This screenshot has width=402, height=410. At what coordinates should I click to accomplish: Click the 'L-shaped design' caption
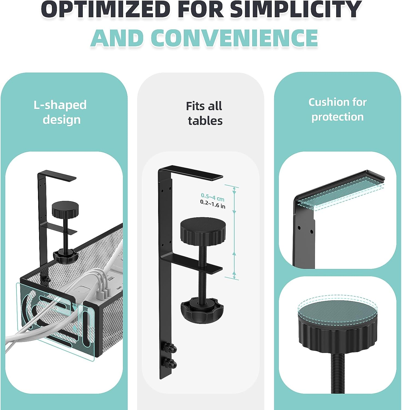tap(60, 112)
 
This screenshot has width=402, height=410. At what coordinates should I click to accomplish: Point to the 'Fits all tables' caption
tap(205, 113)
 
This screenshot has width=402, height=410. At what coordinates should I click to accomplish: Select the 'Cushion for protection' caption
tap(338, 109)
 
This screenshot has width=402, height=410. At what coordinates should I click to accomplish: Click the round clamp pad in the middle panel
tap(203, 228)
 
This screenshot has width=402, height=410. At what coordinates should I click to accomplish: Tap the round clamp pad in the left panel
tap(65, 210)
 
